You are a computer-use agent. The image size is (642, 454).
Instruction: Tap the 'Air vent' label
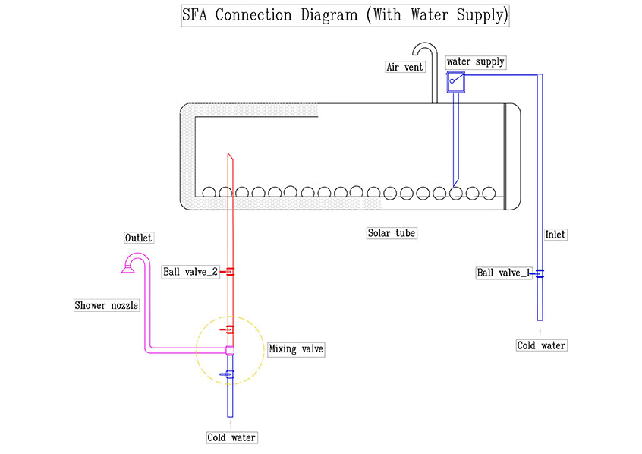point(404,67)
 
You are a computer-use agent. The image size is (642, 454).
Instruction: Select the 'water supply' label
point(476,61)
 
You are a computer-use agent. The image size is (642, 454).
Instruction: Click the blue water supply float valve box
point(455,80)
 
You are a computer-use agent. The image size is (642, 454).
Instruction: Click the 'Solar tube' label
point(391,233)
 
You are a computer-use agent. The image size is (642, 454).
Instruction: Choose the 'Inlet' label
point(555,235)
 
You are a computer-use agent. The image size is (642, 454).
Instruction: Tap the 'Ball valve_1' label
point(503,273)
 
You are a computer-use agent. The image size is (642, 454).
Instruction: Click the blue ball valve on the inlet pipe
point(540,273)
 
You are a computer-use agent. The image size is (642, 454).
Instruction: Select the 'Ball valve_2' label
point(190,272)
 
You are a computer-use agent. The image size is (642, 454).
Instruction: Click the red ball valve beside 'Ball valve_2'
point(229,272)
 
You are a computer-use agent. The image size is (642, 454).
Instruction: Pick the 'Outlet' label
point(138,238)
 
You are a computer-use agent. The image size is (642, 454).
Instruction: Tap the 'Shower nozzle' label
point(107,305)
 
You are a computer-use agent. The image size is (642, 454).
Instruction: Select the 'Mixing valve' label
point(296,349)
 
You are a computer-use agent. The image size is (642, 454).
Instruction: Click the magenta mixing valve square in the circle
point(230,350)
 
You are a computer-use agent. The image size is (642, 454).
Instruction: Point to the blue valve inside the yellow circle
point(229,374)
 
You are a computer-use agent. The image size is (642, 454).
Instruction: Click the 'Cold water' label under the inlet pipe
point(541,345)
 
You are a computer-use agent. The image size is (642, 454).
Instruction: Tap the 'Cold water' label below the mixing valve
point(231,437)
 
